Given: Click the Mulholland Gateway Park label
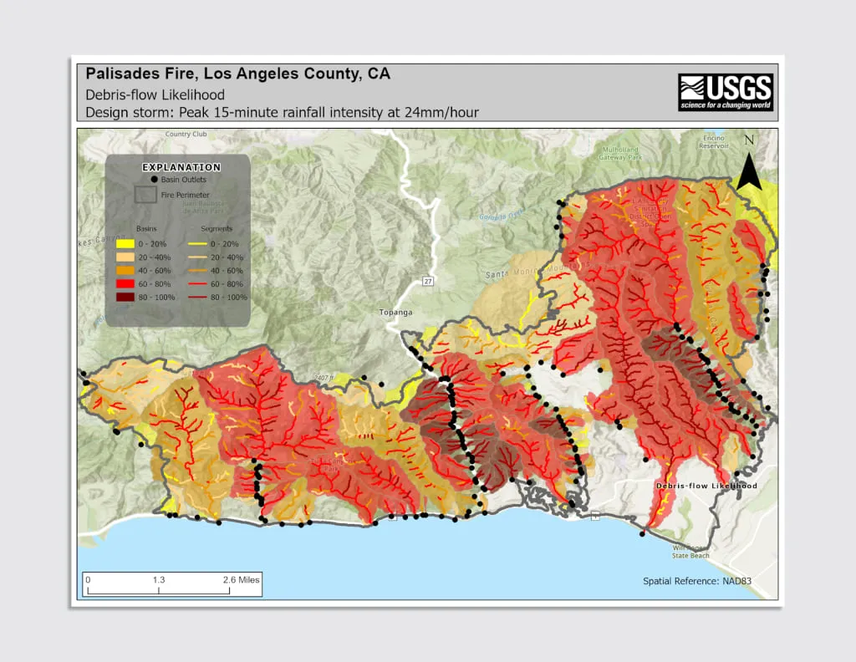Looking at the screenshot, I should [619, 153].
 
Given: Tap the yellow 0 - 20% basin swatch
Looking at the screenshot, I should [125, 243].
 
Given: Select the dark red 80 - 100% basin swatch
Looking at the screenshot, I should [125, 297].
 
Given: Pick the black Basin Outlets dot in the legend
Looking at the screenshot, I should [155, 180].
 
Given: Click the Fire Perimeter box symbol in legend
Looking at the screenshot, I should [145, 195].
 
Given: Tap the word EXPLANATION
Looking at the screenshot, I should [181, 167].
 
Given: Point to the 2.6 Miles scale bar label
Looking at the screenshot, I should [242, 579].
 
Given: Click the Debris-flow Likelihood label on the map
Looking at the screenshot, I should [706, 486].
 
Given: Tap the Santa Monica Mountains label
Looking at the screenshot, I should [535, 272].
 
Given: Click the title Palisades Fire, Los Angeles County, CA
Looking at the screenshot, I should [238, 74].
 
